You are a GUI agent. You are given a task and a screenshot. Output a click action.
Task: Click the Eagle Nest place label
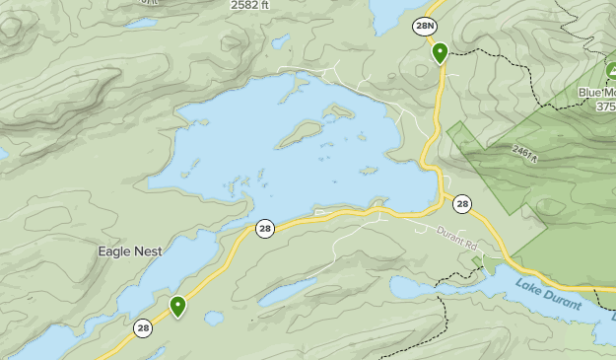pos(129,252)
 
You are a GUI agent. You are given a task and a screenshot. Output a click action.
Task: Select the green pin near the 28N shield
pos(440,51)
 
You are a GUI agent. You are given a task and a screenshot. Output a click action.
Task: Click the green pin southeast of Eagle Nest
pos(177,306)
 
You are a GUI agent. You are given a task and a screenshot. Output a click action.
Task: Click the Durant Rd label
pos(456,237)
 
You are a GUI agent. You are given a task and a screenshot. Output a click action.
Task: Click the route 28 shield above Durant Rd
pos(462,204)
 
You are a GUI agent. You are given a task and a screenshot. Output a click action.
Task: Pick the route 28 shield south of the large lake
pos(264,229)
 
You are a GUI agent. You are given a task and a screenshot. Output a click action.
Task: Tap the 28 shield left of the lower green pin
pos(144,328)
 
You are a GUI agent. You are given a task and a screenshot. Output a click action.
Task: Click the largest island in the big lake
pos(300,133)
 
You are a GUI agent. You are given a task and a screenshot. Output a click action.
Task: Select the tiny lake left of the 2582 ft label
pos(142,23)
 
